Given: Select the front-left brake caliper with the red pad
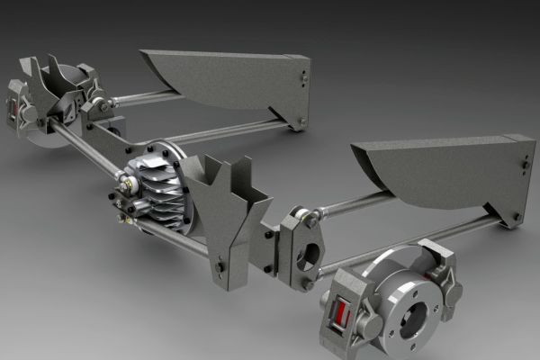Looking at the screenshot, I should pos(343,310).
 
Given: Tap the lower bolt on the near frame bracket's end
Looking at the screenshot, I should pos(516,216).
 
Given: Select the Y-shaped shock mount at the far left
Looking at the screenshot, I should pos(49,85).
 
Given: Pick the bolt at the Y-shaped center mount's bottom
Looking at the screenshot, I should pos(219,267).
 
